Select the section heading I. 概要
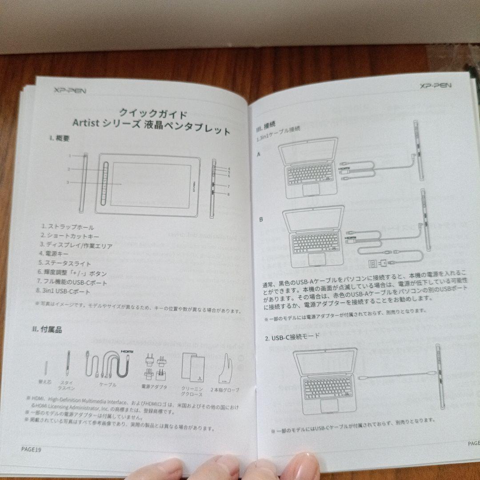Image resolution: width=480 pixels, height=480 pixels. click(59, 138)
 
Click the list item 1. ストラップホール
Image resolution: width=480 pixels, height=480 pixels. click(68, 227)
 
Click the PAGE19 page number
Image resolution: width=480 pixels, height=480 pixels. click(31, 449)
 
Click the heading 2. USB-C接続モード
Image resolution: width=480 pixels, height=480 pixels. click(292, 337)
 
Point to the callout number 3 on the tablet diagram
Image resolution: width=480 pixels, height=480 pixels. click(68, 182)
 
